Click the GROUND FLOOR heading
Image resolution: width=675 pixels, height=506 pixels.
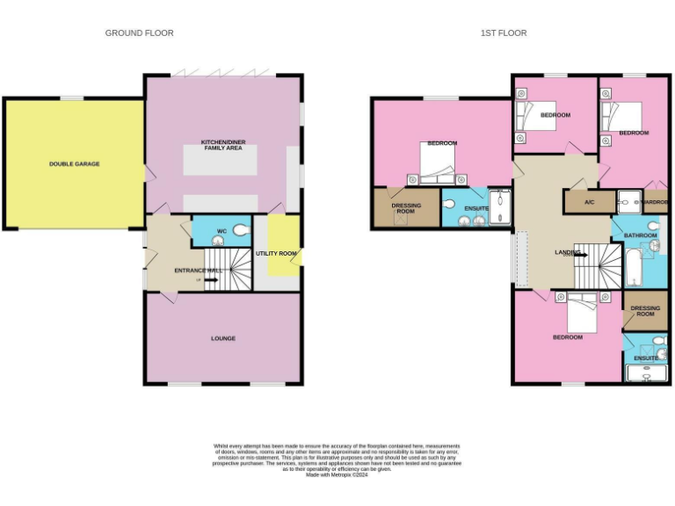pyautogui.click(x=139, y=33)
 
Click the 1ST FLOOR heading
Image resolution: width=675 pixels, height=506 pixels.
pyautogui.click(x=504, y=33)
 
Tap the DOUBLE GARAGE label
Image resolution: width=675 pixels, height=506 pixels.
pyautogui.click(x=74, y=164)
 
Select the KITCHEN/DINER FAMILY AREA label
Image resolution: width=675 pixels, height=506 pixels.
pyautogui.click(x=221, y=145)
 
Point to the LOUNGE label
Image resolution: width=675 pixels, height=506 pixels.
pyautogui.click(x=222, y=338)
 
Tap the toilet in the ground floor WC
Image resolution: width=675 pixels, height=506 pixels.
pyautogui.click(x=240, y=232)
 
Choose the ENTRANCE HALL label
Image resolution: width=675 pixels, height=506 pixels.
pyautogui.click(x=198, y=271)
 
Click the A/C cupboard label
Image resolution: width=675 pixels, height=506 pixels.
pyautogui.click(x=590, y=202)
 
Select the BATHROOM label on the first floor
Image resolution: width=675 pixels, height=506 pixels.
pyautogui.click(x=640, y=235)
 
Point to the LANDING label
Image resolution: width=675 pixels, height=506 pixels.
pyautogui.click(x=567, y=253)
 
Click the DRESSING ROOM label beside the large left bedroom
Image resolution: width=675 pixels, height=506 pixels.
pyautogui.click(x=405, y=208)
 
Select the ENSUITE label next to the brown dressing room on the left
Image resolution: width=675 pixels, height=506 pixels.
pyautogui.click(x=475, y=208)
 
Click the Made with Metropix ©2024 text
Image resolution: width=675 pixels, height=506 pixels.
pyautogui.click(x=337, y=475)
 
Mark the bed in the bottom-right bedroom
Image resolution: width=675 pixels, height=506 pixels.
pyautogui.click(x=583, y=312)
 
